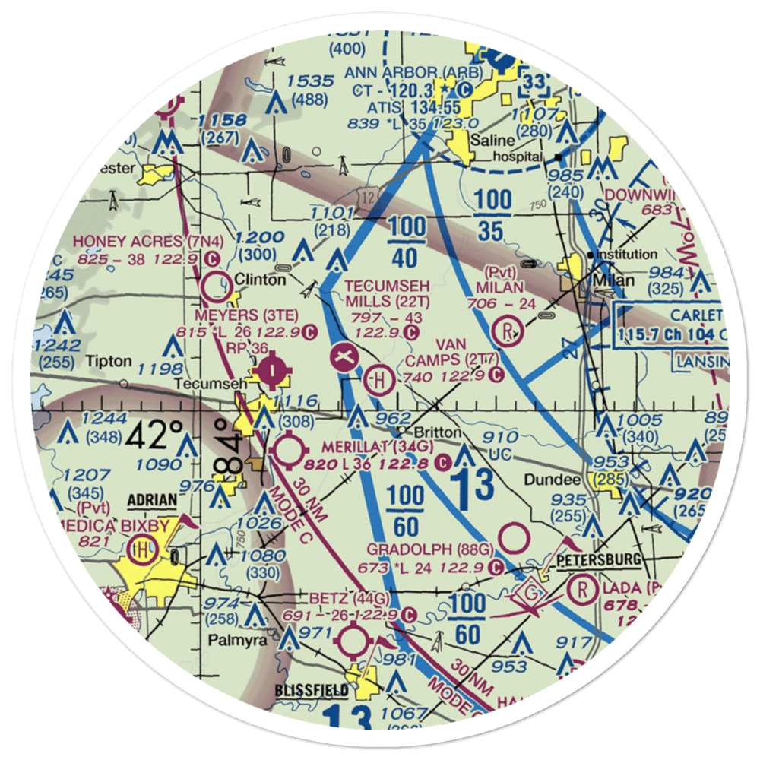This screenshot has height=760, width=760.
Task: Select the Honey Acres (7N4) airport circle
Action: tap(218, 287)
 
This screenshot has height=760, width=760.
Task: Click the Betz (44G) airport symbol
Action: tap(354, 641)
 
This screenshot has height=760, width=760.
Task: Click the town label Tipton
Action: tap(109, 360)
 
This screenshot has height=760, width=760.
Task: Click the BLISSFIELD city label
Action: tap(312, 691)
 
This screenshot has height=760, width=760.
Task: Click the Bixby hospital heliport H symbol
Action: tap(142, 548)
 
